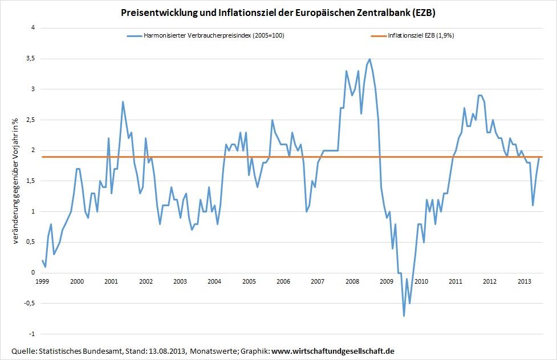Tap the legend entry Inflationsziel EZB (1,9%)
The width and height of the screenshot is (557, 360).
420,35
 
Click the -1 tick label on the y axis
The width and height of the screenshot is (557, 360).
31,334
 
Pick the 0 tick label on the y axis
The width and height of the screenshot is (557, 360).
33,273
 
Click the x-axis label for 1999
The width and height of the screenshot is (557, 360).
42,281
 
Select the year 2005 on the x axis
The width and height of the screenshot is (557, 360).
249,281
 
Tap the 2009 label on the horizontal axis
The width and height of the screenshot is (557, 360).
387,281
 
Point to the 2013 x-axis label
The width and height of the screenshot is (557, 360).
525,281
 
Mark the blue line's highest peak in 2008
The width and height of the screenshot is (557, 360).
369,59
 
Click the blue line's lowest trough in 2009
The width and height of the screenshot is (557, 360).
404,316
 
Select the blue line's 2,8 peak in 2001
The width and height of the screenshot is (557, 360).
123,102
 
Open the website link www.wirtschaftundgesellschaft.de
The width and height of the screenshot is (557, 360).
333,350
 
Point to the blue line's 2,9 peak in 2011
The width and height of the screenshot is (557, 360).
479,95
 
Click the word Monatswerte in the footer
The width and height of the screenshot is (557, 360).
210,350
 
